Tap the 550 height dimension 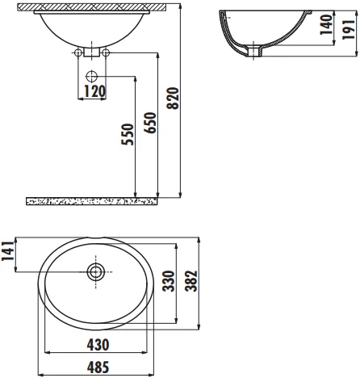pyautogui.click(x=128, y=134)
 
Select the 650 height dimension pyautogui.click(x=149, y=123)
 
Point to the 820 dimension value pyautogui.click(x=173, y=99)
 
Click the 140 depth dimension pyautogui.click(x=326, y=24)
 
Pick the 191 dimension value pyautogui.click(x=349, y=30)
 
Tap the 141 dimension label pyautogui.click(x=8, y=251)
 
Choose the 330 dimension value pyautogui.click(x=169, y=281)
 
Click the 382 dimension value pyautogui.click(x=191, y=281)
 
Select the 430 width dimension pyautogui.click(x=98, y=345)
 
